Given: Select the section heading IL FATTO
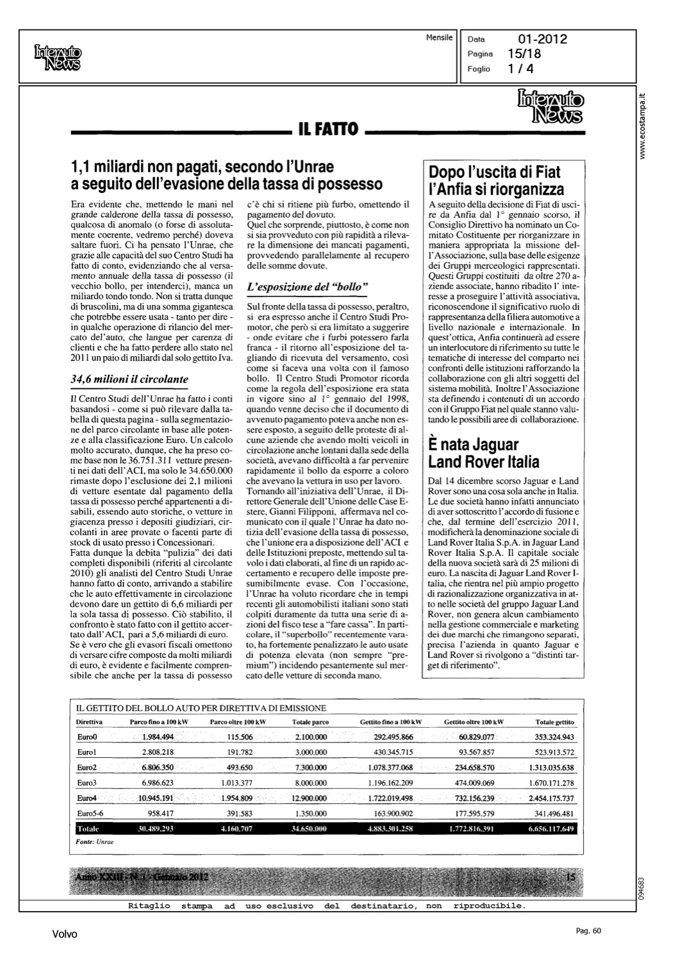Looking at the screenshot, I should (x=328, y=131).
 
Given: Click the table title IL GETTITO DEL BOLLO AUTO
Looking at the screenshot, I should (x=201, y=708).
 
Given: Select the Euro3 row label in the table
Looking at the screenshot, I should (x=87, y=783).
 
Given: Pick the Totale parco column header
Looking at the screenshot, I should (x=310, y=722).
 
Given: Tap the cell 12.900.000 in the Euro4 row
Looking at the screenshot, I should (x=309, y=798).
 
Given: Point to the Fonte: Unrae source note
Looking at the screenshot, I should (x=95, y=842).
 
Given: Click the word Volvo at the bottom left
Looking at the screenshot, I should (x=65, y=934).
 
